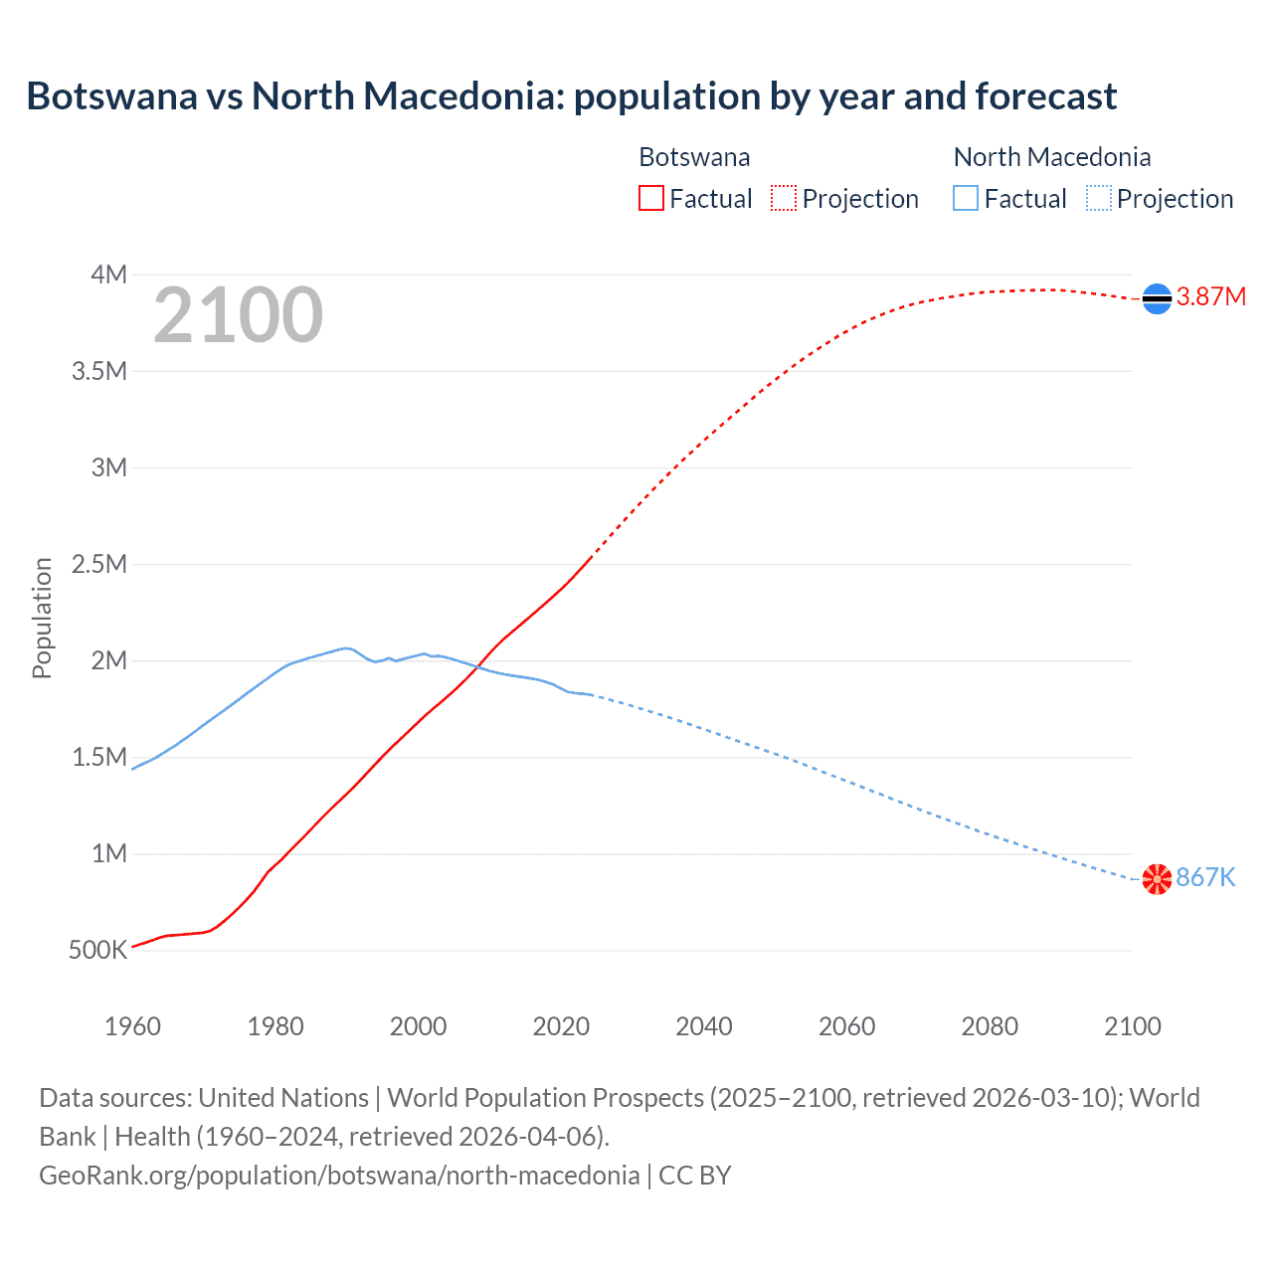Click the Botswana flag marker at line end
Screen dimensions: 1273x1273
pos(1157,298)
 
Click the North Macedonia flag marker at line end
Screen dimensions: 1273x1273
pos(1157,879)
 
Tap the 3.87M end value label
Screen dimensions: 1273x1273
pos(1210,297)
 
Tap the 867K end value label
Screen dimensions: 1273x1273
pos(1205,877)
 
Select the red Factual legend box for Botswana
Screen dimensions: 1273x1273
pos(650,199)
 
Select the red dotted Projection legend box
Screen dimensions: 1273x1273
pos(784,199)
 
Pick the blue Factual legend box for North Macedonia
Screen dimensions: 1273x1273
pos(966,199)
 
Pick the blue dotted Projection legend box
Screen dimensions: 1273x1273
pos(1098,199)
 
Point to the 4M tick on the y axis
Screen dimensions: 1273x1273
pos(108,274)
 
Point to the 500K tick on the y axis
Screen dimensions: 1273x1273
pos(97,951)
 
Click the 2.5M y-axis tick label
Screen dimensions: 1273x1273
pos(99,565)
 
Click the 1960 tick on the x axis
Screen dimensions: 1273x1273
pos(132,1026)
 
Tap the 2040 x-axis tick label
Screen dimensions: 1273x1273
pos(704,1026)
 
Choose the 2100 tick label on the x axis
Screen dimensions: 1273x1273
pos(1132,1026)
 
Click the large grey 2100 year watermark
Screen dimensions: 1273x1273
pos(238,315)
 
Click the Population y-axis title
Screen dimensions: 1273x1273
pos(42,618)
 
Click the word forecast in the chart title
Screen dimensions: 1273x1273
pos(1046,96)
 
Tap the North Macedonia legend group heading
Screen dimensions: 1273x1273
pos(1052,157)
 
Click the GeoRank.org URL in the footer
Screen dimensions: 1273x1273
pos(339,1176)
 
